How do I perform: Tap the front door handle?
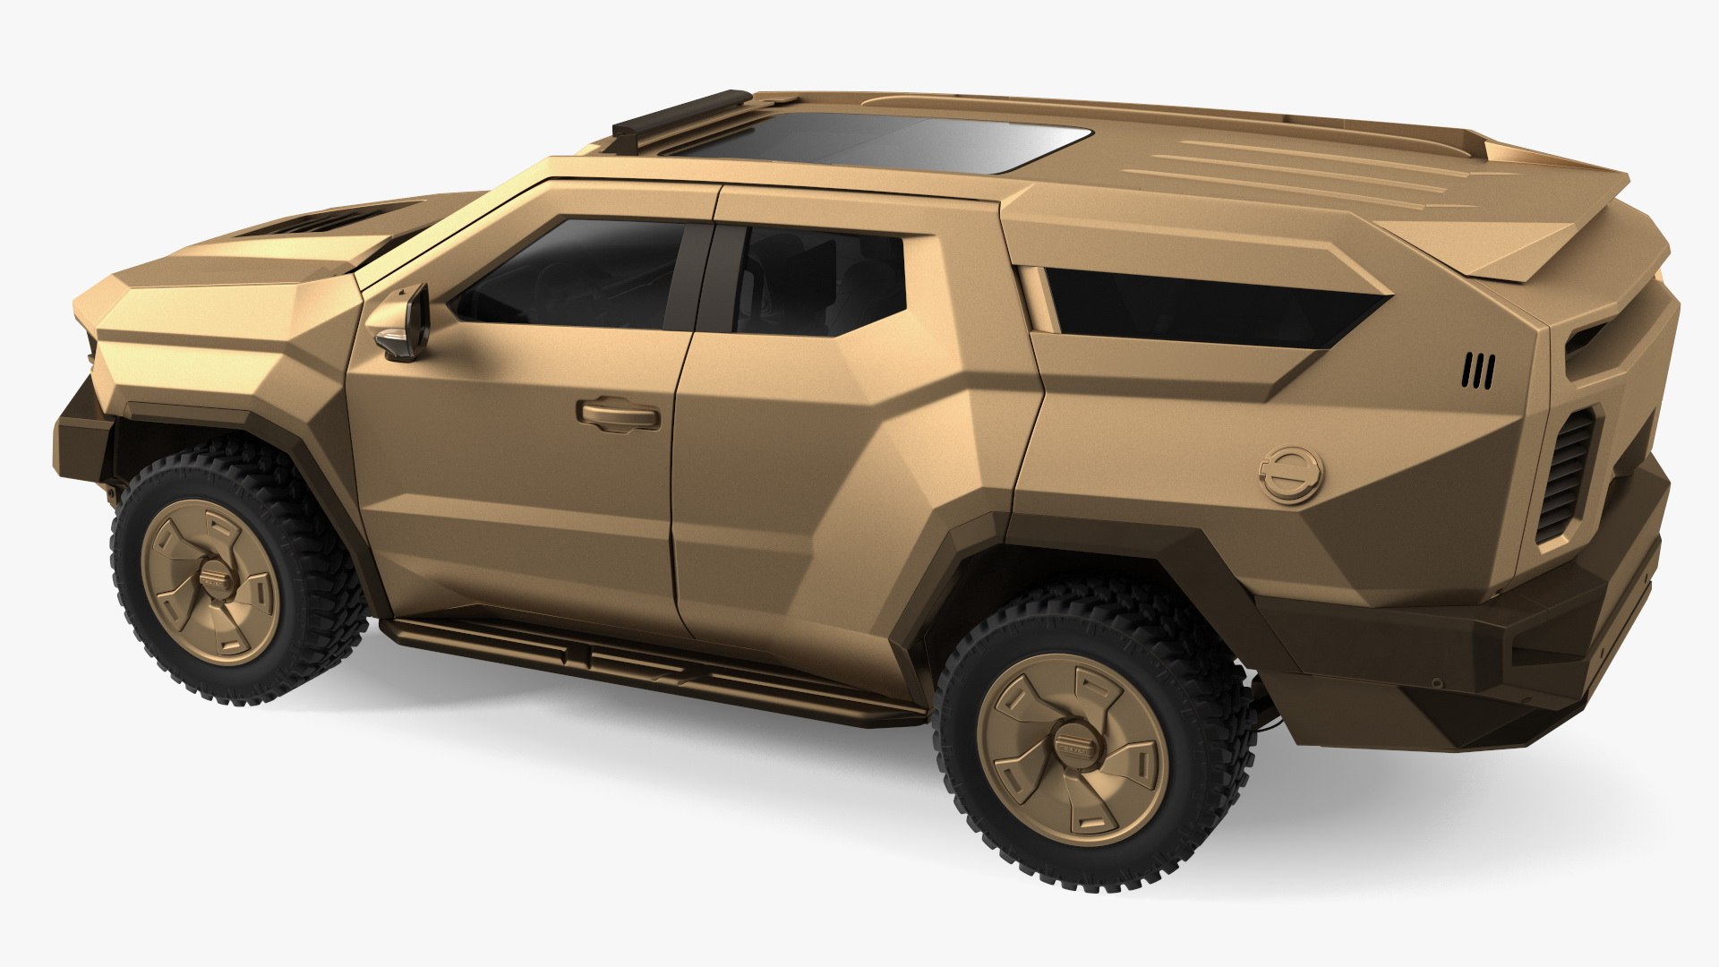pyautogui.click(x=620, y=414)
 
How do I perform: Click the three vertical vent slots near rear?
pyautogui.click(x=1479, y=371)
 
